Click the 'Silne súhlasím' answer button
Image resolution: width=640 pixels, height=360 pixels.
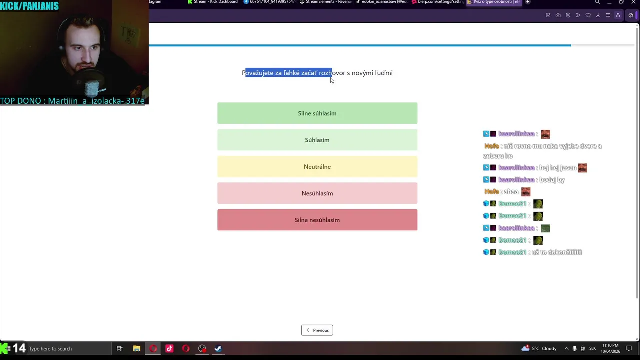(x=317, y=113)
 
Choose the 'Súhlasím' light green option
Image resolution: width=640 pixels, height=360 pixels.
(x=317, y=140)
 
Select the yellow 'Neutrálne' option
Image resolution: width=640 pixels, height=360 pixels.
(x=317, y=167)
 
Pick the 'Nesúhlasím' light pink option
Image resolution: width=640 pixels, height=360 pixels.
(x=317, y=193)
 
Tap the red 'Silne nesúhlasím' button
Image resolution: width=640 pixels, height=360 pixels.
(x=317, y=220)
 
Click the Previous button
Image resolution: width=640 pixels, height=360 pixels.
(x=317, y=330)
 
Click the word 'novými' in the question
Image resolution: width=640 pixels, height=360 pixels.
(x=362, y=73)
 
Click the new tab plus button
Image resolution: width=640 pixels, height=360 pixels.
(x=528, y=2)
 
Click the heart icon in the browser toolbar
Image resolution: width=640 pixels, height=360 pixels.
(x=588, y=15)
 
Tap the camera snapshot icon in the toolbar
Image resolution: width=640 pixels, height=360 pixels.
(x=558, y=15)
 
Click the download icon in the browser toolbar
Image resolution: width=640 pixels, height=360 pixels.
(x=598, y=15)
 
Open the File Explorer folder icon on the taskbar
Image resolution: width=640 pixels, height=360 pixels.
(x=136, y=349)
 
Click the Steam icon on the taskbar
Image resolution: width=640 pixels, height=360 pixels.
(x=218, y=349)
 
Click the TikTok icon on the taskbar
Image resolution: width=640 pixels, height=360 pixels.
(x=169, y=349)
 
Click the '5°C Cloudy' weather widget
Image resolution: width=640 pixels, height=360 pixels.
(x=539, y=349)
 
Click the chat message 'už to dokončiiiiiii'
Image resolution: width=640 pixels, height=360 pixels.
(x=557, y=252)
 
